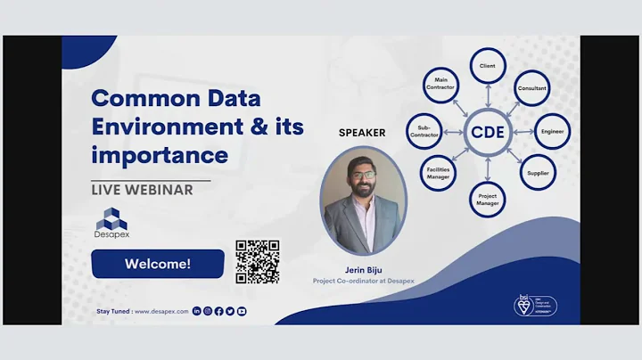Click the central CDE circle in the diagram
(x=489, y=132)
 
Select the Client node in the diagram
(x=488, y=66)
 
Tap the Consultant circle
(x=532, y=89)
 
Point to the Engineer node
(x=552, y=131)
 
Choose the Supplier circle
(x=538, y=173)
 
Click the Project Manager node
(x=488, y=198)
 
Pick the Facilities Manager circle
(x=438, y=174)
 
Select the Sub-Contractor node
(x=424, y=132)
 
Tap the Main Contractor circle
(x=440, y=86)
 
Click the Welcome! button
(x=157, y=264)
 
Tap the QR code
(x=257, y=262)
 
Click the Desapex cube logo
(x=111, y=219)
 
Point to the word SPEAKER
(x=362, y=133)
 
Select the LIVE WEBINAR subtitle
(x=143, y=190)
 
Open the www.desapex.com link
(x=161, y=311)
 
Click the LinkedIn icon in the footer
(x=197, y=311)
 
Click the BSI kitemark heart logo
(x=523, y=306)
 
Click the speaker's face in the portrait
(x=362, y=182)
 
